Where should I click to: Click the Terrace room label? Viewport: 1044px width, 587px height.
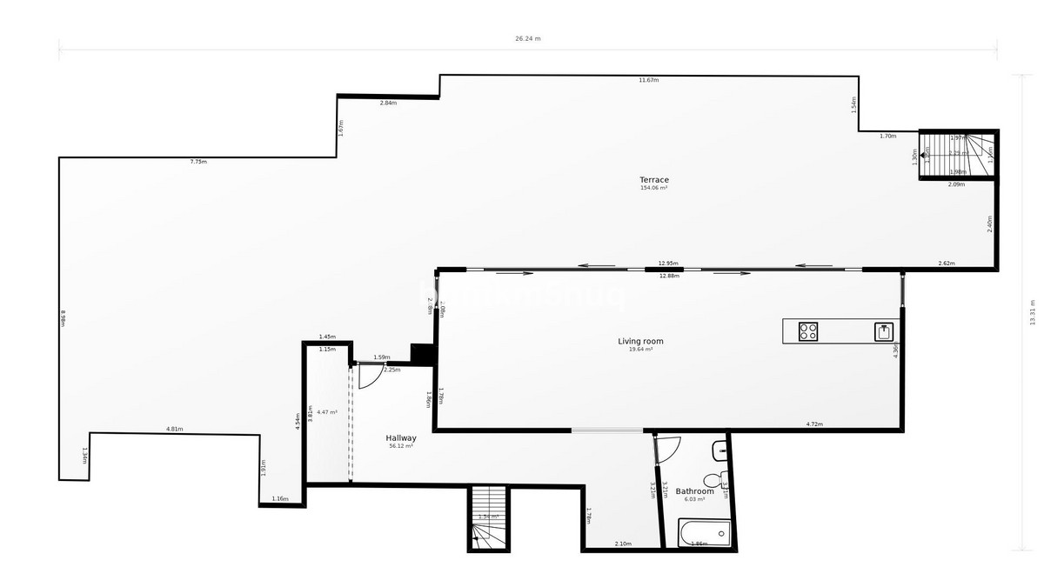tap(654, 180)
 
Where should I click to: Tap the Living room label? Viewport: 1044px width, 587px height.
tap(640, 341)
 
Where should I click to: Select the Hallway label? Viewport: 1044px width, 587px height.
tap(401, 438)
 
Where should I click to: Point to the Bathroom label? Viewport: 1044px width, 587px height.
tap(694, 491)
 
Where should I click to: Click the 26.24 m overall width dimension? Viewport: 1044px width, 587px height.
tap(528, 38)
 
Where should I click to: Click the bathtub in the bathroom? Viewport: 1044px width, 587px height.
tap(704, 532)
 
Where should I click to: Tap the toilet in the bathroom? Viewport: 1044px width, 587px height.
tap(714, 479)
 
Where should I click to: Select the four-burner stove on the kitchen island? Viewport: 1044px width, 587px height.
tap(809, 331)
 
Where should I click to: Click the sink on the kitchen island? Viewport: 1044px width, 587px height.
tap(884, 331)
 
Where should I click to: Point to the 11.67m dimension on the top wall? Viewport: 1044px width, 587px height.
tap(648, 80)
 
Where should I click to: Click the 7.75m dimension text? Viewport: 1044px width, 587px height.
tap(198, 162)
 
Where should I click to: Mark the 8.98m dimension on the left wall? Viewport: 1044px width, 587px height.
tap(64, 317)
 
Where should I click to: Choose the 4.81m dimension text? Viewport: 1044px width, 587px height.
tap(174, 429)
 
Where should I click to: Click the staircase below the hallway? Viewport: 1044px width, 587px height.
tap(488, 517)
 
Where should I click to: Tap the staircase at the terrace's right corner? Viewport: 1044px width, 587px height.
tap(958, 155)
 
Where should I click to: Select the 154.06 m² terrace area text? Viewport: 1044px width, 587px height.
tap(654, 188)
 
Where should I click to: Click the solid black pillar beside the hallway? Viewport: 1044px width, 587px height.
tap(422, 354)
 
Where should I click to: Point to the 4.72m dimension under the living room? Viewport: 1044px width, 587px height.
tap(814, 424)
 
